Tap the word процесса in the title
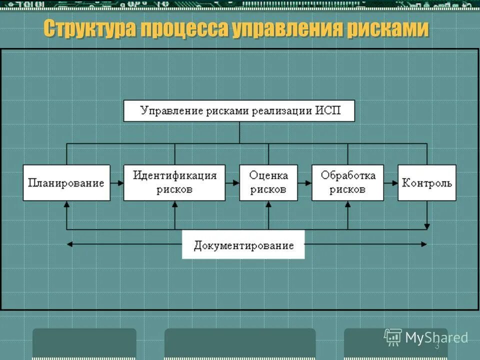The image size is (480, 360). click(x=183, y=28)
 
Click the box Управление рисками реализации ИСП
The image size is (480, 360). click(x=239, y=111)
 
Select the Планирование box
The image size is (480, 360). click(x=66, y=182)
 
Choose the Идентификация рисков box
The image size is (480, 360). click(x=174, y=182)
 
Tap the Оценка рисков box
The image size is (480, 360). click(x=268, y=182)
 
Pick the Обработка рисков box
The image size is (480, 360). click(x=348, y=182)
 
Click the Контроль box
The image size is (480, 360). click(x=427, y=182)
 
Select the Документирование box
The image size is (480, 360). click(x=243, y=245)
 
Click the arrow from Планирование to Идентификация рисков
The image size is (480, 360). click(x=117, y=183)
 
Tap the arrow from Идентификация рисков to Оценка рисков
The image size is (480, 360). click(x=232, y=183)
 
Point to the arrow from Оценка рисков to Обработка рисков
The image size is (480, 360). click(x=305, y=183)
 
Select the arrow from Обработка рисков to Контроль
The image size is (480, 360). click(x=391, y=183)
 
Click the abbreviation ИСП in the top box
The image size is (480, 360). click(x=327, y=110)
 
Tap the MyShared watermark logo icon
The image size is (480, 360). click(x=393, y=337)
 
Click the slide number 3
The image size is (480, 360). click(x=437, y=346)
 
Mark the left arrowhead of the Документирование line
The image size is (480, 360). click(x=69, y=244)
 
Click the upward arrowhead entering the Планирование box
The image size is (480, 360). click(x=66, y=204)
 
